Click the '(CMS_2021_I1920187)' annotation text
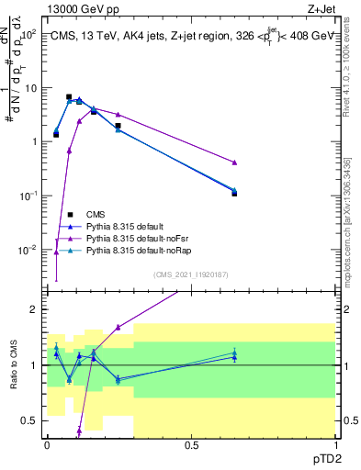[192, 274]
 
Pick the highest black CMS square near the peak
[69, 96]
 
